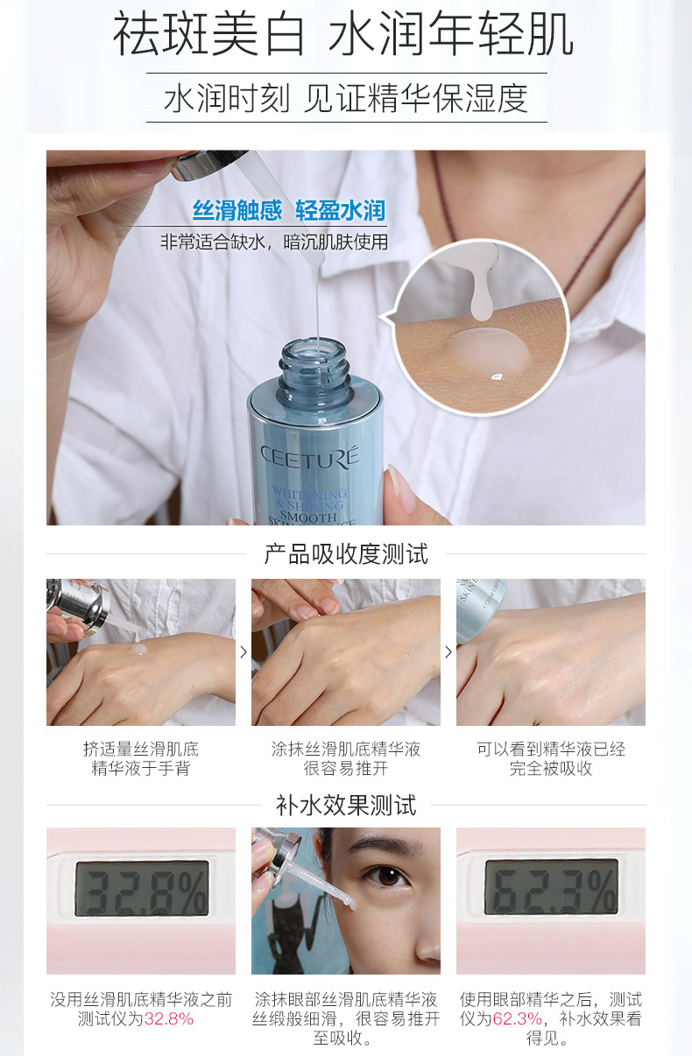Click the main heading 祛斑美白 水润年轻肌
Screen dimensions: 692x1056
pyautogui.click(x=342, y=34)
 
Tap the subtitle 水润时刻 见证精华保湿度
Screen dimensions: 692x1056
pyautogui.click(x=346, y=98)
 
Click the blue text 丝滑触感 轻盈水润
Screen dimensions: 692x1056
pyautogui.click(x=289, y=210)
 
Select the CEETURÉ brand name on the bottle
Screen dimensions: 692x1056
pyautogui.click(x=310, y=457)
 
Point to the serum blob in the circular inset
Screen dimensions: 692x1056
pyautogui.click(x=486, y=348)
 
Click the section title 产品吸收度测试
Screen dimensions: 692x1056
pyautogui.click(x=346, y=554)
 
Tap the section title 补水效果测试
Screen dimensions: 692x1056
pyautogui.click(x=346, y=805)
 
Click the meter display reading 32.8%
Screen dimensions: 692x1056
pyautogui.click(x=142, y=889)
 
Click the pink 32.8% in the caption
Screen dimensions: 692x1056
pyautogui.click(x=169, y=1018)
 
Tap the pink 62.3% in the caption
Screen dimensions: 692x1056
pyautogui.click(x=518, y=1018)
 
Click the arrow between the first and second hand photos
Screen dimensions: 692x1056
pyautogui.click(x=244, y=652)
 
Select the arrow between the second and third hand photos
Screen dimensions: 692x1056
pyautogui.click(x=448, y=652)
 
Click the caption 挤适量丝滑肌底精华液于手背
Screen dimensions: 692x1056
pyautogui.click(x=140, y=758)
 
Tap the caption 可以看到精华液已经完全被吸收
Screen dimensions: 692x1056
pyautogui.click(x=550, y=758)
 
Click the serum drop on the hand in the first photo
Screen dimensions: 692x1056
pyautogui.click(x=139, y=650)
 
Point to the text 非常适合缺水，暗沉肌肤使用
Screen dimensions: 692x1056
pyautogui.click(x=274, y=242)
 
